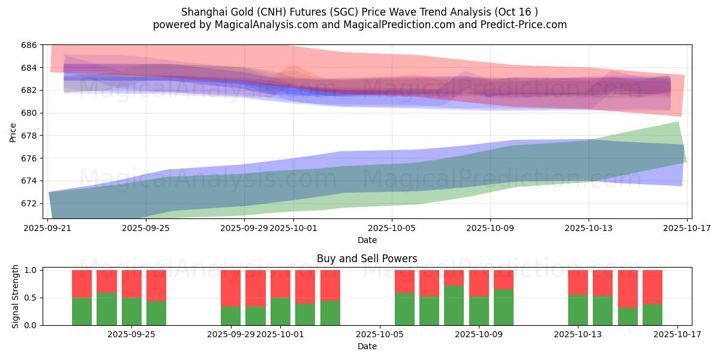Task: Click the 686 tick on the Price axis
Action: (29, 45)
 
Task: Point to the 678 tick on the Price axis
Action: (29, 136)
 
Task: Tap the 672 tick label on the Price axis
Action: (29, 203)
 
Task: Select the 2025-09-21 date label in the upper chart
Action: (49, 228)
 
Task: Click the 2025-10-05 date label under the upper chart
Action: (392, 228)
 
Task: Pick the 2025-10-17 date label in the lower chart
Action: (677, 334)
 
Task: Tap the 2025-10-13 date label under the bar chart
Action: (578, 334)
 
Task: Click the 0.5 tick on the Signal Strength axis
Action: (29, 298)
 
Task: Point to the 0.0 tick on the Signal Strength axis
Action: (29, 325)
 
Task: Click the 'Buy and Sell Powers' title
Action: (367, 259)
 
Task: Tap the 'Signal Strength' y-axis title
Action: (16, 298)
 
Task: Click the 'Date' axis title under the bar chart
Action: (367, 346)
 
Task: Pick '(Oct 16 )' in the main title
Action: (518, 11)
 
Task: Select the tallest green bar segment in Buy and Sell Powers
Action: (454, 305)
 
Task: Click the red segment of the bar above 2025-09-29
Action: (231, 288)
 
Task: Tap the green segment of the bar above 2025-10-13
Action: (578, 310)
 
